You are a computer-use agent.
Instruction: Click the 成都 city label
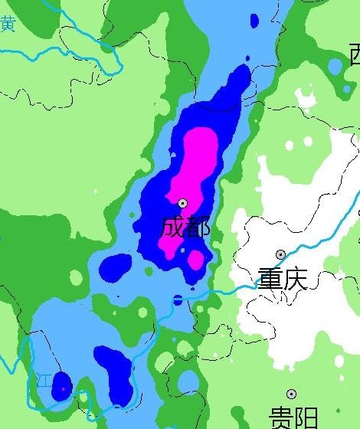(185, 227)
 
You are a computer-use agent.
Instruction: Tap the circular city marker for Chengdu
(183, 203)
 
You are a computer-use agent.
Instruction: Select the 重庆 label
(282, 278)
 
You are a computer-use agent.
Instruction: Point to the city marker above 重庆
(281, 254)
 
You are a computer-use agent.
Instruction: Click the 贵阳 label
(293, 418)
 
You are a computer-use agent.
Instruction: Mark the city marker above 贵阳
(292, 394)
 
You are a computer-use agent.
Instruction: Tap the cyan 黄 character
(8, 24)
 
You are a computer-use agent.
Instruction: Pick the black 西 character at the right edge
(355, 54)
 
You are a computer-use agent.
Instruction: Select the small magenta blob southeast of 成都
(196, 260)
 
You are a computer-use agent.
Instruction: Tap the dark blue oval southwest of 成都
(116, 266)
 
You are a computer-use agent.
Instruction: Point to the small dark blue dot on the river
(178, 300)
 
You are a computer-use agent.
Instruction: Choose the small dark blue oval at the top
(255, 20)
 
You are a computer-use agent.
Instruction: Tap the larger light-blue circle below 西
(335, 67)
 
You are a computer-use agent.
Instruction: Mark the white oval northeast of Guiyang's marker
(339, 360)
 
